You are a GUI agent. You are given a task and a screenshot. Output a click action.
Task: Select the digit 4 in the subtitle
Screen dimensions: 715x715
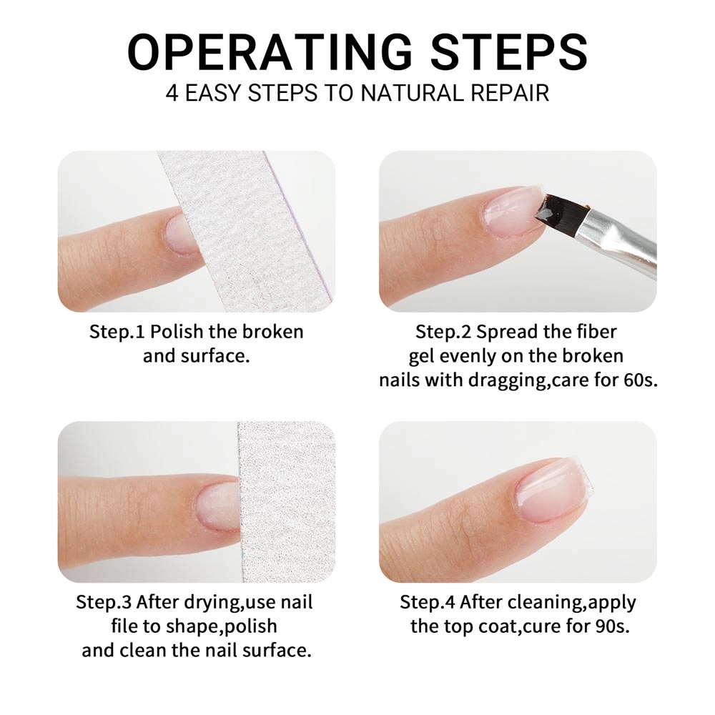click(x=172, y=93)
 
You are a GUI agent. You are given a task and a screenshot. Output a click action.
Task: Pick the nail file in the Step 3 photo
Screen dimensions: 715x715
click(x=287, y=502)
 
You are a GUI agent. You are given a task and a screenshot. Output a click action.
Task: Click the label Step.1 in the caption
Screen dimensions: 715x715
click(x=117, y=332)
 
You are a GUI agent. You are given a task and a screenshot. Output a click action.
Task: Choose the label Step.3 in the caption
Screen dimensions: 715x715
click(x=104, y=602)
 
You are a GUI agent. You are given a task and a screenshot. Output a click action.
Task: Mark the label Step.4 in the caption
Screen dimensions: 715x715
click(x=428, y=602)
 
